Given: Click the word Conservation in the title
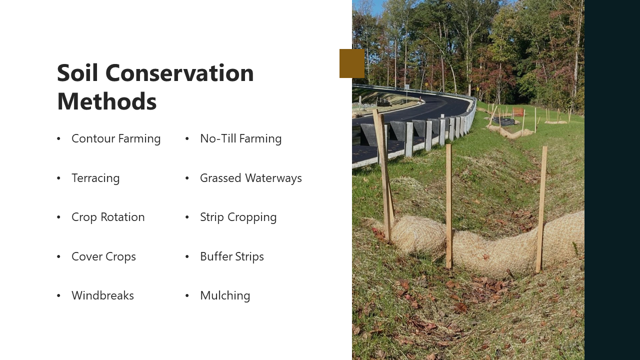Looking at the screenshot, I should point(180,73).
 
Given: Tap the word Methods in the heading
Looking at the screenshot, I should point(106,101).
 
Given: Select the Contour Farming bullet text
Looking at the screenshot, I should point(116,138).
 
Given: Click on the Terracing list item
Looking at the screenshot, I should point(95,178).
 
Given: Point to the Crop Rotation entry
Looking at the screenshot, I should point(108,217).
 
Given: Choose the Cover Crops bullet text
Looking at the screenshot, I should point(103,256).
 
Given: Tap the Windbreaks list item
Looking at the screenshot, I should point(102,295).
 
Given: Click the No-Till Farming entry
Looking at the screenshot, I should point(240,138).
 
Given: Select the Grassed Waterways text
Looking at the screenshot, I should point(250,178).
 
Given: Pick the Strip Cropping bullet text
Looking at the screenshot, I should point(238,217).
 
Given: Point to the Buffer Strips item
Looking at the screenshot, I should point(231,256).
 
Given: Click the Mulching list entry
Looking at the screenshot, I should point(225,295).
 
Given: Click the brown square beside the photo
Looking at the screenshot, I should point(352,63).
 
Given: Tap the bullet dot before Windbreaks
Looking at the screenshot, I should point(58,296).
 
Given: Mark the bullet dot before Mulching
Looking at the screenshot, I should point(187,296).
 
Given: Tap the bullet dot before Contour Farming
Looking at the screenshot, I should point(58,139).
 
